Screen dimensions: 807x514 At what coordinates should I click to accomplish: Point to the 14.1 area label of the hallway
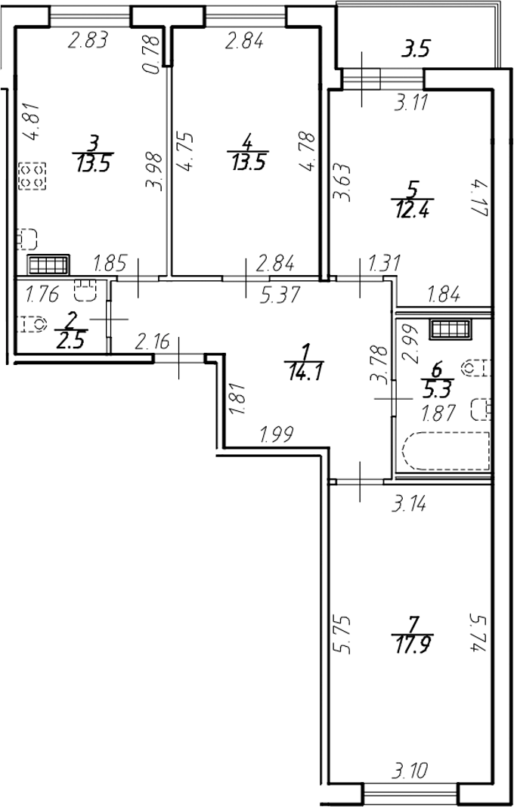pos(305,371)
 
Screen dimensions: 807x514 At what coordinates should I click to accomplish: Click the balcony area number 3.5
pos(415,51)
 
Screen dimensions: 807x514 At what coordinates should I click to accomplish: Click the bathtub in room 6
pos(446,451)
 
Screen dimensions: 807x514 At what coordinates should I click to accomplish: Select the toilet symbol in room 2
pos(32,324)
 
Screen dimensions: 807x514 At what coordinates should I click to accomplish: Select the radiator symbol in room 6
pos(451,329)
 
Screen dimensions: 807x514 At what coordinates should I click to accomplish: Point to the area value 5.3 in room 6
pos(437,387)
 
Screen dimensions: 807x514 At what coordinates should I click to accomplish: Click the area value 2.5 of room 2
pos(70,341)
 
